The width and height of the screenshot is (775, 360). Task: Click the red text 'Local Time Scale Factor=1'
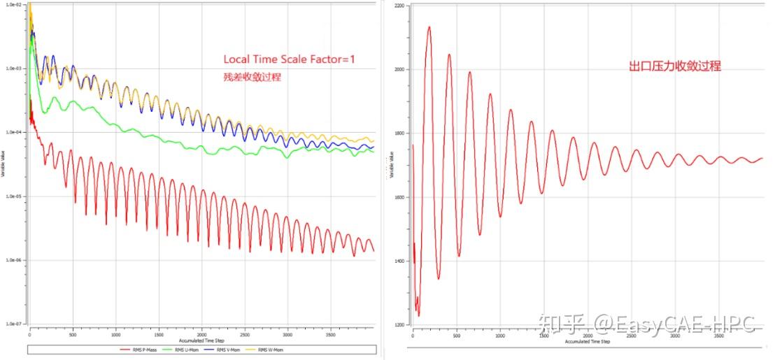(x=289, y=59)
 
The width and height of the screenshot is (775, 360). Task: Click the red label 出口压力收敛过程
(x=674, y=66)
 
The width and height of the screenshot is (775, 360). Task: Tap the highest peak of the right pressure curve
(x=429, y=28)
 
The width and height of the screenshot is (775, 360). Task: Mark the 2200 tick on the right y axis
(x=399, y=6)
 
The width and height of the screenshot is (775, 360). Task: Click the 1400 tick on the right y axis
(x=399, y=261)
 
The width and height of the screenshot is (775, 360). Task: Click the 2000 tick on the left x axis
(x=201, y=335)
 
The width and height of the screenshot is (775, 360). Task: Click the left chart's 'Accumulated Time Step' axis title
(x=201, y=340)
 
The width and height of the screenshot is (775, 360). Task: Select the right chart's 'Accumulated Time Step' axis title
(x=586, y=341)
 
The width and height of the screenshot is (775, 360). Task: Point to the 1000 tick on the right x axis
(x=499, y=336)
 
